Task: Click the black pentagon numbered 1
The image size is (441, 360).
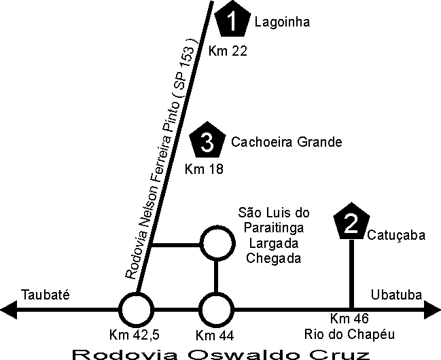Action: [x=233, y=21]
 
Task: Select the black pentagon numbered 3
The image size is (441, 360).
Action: [x=208, y=142]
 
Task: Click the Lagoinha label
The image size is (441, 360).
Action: [x=282, y=22]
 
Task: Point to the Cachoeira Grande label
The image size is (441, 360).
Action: [x=286, y=142]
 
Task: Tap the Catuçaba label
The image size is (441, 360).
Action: [x=396, y=236]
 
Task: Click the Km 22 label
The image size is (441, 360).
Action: [x=226, y=50]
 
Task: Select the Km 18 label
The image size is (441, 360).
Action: [x=204, y=169]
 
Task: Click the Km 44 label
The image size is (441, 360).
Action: [x=214, y=335]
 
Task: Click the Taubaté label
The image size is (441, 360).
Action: [x=46, y=294]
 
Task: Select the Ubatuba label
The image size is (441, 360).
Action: [x=397, y=294]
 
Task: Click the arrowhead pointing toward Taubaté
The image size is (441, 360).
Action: [x=8, y=311]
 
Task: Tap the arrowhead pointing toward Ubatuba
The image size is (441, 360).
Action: [x=433, y=311]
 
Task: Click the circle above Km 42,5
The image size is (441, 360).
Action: [x=136, y=311]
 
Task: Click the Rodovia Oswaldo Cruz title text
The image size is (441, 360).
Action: [x=221, y=353]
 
